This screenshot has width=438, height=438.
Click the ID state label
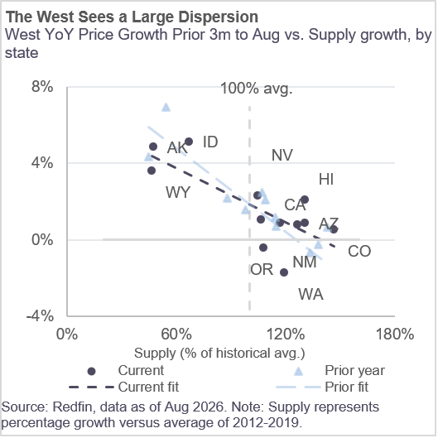coord(210,142)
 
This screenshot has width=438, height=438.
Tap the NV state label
coord(282,155)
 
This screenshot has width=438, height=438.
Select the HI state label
coord(326,180)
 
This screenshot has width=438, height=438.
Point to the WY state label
coord(178,192)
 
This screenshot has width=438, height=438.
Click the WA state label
coord(310,295)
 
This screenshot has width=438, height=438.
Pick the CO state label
coord(359,251)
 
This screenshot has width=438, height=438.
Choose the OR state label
coord(262,270)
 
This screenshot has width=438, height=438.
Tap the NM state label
coord(305,262)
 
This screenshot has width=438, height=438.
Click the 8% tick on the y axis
coord(42,87)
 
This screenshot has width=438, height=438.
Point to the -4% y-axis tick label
coord(40,316)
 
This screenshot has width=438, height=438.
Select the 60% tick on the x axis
coord(176,334)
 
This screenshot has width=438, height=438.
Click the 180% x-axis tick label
coord(395,334)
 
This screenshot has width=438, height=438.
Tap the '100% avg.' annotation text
coord(257,89)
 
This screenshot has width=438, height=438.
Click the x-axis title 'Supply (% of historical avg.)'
coord(219,354)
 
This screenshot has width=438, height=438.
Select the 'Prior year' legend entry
coord(340,371)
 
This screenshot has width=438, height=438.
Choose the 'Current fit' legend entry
coord(123,387)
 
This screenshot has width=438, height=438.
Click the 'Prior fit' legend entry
coord(322,387)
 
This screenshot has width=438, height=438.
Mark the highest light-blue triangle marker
coord(166,108)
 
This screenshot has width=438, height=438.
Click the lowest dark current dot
coord(284,272)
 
